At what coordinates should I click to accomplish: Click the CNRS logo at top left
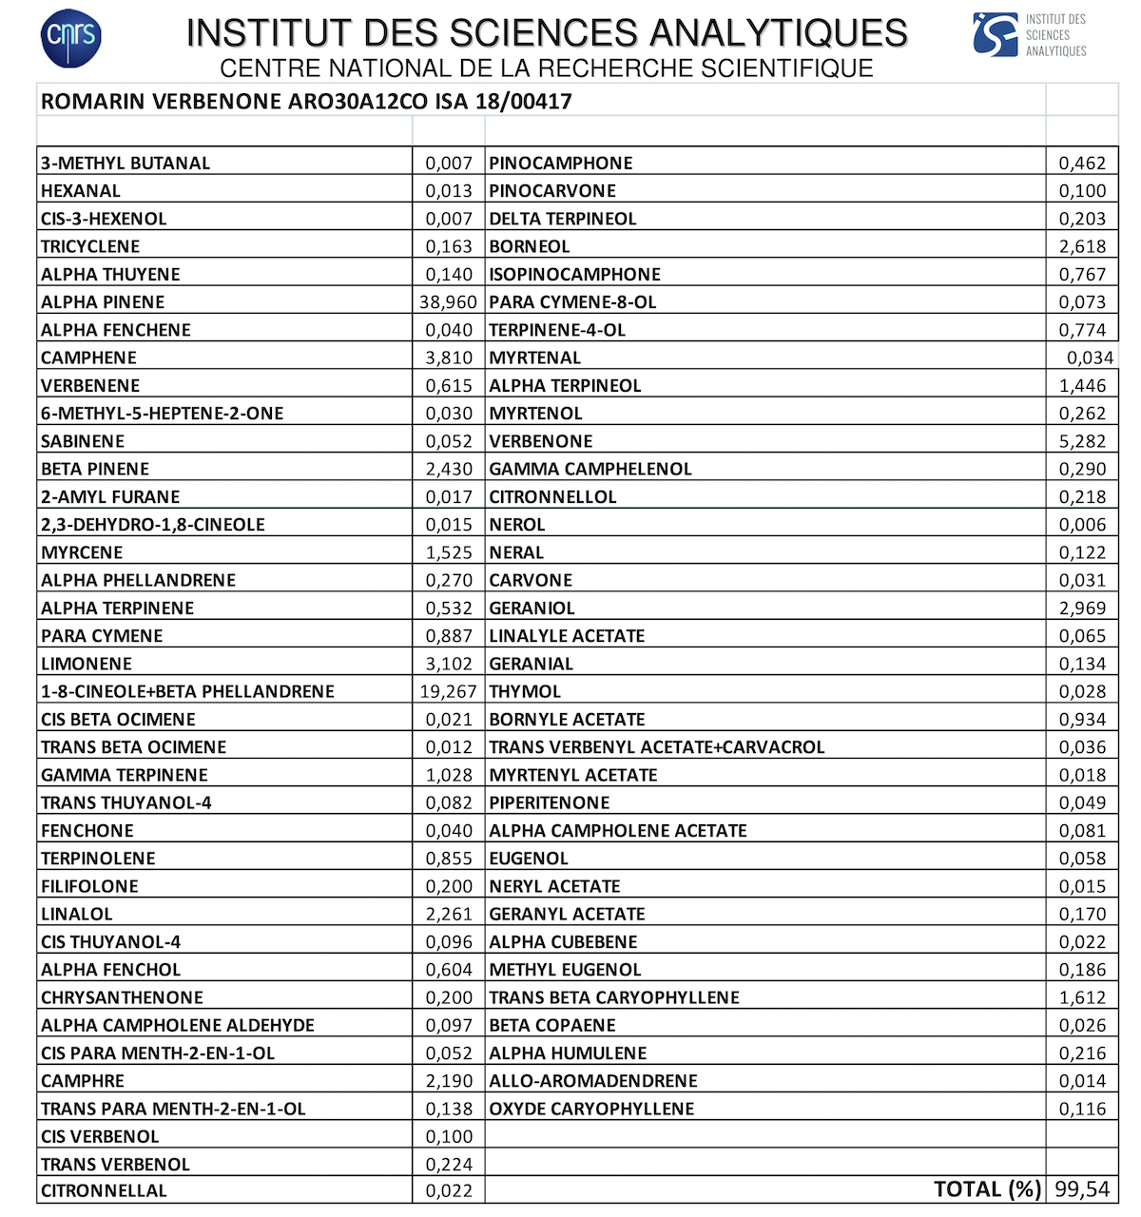(x=71, y=38)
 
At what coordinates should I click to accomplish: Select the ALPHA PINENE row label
(x=103, y=302)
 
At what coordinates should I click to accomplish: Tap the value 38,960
(x=448, y=302)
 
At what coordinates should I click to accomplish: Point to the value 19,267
(x=448, y=692)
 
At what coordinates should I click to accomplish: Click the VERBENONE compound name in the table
(x=540, y=441)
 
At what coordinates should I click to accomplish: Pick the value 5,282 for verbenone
(x=1082, y=441)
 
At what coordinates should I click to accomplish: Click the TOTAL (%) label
(x=988, y=1189)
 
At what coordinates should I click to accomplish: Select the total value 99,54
(x=1082, y=1189)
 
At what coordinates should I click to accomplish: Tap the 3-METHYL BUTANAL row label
(x=126, y=164)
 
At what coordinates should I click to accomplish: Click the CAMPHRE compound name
(x=83, y=1081)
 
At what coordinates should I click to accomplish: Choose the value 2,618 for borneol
(x=1082, y=246)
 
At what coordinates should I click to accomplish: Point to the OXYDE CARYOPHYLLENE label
(x=591, y=1109)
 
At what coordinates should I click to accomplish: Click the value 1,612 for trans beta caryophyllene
(x=1082, y=997)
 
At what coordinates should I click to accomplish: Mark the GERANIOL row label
(x=532, y=608)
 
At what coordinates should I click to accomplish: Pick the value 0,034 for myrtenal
(x=1090, y=357)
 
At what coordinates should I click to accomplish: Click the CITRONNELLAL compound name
(x=104, y=1190)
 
